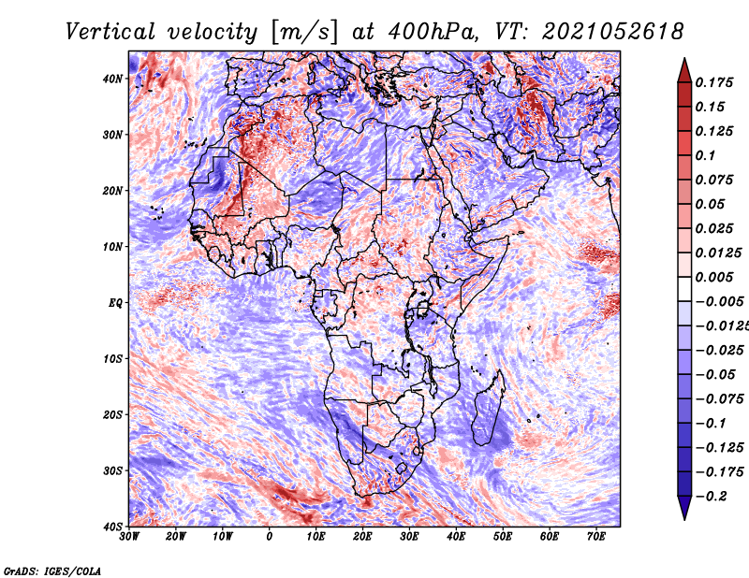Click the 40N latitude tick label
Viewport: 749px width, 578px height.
[112, 79]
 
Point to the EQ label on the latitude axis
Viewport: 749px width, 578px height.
[115, 303]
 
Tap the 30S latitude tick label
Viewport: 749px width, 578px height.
[112, 471]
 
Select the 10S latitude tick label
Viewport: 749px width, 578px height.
[112, 359]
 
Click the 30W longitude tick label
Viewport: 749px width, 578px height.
[129, 537]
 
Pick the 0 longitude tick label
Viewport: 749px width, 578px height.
[270, 537]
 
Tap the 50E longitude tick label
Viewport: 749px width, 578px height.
[503, 537]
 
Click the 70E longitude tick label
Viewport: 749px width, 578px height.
[596, 537]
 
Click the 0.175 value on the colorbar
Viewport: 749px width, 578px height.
[714, 83]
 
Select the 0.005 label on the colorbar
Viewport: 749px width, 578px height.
[714, 277]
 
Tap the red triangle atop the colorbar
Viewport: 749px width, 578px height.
[684, 72]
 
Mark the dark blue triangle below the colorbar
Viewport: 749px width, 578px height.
[684, 507]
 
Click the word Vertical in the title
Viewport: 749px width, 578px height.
[110, 32]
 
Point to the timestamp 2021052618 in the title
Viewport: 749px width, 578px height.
[613, 32]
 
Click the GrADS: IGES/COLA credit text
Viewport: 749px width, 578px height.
[52, 571]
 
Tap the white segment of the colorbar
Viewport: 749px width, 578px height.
[684, 289]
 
